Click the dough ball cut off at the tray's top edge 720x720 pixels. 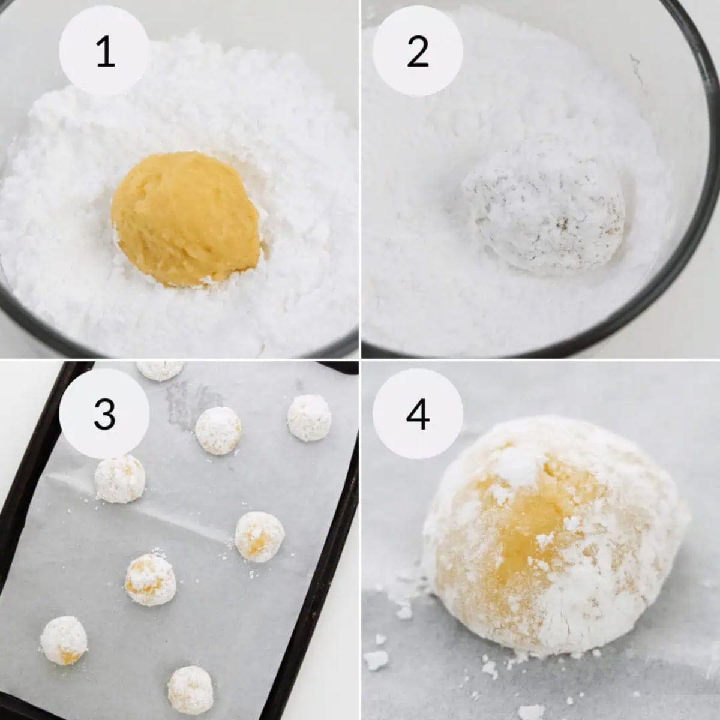[x=160, y=368]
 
